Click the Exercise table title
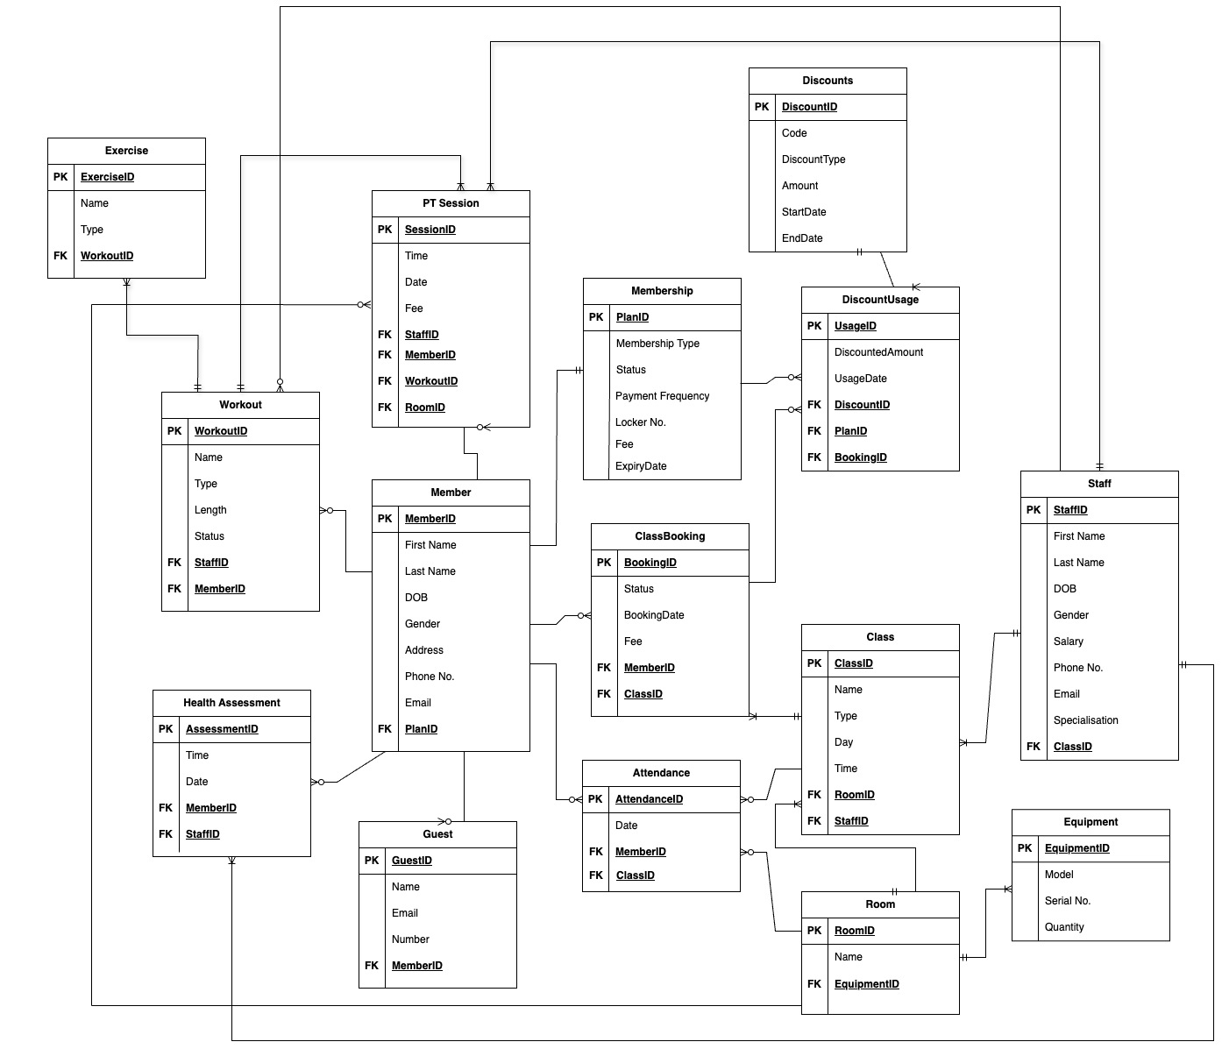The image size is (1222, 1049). point(126,151)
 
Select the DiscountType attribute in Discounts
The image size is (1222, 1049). point(813,159)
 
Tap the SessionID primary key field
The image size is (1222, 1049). point(430,230)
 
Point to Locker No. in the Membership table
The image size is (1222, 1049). point(641,422)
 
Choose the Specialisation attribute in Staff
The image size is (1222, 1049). point(1085,720)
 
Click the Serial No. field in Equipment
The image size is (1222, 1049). point(1067,901)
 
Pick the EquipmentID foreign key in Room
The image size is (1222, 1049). point(866,984)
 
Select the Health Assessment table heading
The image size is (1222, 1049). point(231,703)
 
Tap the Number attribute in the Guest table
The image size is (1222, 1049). point(410,939)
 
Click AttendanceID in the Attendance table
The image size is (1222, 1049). point(649,799)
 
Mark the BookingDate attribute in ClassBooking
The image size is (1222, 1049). point(654,615)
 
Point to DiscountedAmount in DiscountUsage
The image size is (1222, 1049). point(878,352)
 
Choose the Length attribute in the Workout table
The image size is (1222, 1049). point(210,510)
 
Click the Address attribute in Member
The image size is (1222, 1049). point(424,650)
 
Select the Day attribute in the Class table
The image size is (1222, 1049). point(843,742)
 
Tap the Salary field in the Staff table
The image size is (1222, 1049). point(1068,641)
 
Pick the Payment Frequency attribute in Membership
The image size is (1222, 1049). point(662,396)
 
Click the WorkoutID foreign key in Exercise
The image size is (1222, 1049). point(107,256)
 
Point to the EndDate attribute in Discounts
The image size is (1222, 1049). point(802,238)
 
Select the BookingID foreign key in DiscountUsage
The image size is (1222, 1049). point(860,457)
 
